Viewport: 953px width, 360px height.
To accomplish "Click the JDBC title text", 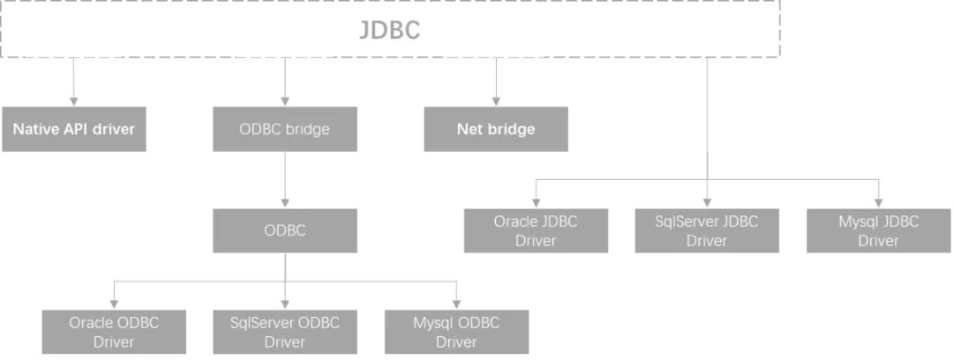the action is tap(389, 30).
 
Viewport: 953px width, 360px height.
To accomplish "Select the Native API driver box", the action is tap(74, 129).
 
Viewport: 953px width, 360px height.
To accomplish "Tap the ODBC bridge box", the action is tap(285, 129).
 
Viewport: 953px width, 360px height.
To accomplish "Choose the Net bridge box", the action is tap(496, 129).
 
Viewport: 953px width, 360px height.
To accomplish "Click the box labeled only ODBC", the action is tap(285, 230).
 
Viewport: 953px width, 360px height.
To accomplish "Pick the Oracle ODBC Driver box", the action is tap(114, 332).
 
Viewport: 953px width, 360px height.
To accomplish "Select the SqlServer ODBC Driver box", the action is tap(285, 332).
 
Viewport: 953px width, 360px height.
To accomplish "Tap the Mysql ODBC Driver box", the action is tap(456, 332).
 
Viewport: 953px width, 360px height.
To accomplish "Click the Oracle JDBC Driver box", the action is tap(537, 230).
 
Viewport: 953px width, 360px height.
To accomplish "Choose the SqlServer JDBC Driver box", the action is tap(707, 230).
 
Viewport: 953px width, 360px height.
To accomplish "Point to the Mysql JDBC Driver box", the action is tap(878, 230).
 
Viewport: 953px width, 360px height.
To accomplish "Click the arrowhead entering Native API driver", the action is tap(74, 101).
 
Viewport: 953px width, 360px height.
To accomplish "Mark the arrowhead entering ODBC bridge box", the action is tap(285, 101).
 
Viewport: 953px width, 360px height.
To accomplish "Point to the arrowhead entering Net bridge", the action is tap(496, 101).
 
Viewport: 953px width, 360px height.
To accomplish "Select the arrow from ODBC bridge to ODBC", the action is tap(285, 179).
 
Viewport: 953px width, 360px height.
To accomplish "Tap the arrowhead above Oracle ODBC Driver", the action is tap(114, 304).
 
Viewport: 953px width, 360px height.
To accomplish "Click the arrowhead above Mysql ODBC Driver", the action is tap(456, 304).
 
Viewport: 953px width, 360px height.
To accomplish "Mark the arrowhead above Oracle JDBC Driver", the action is tap(537, 203).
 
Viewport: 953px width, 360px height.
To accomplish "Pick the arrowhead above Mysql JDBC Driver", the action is tap(878, 203).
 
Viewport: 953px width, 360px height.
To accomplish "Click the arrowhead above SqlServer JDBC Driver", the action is tap(707, 203).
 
